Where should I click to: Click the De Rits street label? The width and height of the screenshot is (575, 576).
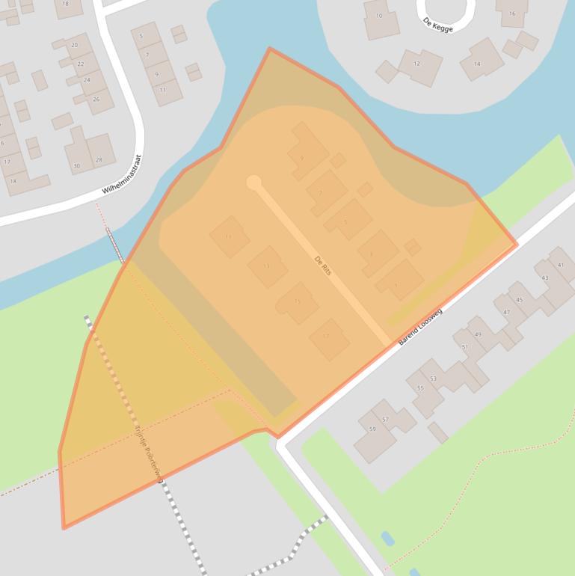tap(323, 267)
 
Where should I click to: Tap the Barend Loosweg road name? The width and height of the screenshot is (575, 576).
tap(420, 326)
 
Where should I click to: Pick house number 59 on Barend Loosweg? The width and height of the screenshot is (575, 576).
tap(372, 429)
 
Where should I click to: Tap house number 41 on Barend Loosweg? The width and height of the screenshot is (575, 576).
tap(560, 266)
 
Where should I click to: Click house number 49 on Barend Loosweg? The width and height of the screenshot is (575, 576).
tap(478, 334)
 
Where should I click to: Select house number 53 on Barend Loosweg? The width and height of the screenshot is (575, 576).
tap(433, 379)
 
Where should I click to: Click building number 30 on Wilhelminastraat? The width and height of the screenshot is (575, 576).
tap(76, 165)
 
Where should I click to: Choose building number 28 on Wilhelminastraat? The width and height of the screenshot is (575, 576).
tap(99, 159)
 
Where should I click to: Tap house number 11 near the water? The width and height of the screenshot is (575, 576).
tap(163, 90)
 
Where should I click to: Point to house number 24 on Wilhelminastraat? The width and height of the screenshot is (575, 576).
tap(87, 80)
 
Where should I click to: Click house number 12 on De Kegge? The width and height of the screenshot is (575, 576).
tap(416, 64)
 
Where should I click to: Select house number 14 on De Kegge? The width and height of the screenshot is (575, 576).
tap(477, 64)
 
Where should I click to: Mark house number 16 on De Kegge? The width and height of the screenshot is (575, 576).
tap(512, 13)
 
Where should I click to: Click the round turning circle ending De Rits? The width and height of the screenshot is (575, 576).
tap(254, 183)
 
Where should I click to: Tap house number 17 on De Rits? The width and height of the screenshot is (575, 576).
tap(326, 337)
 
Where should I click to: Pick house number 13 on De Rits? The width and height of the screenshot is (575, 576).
tap(266, 266)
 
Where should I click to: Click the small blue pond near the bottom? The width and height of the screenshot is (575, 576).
tap(387, 538)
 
